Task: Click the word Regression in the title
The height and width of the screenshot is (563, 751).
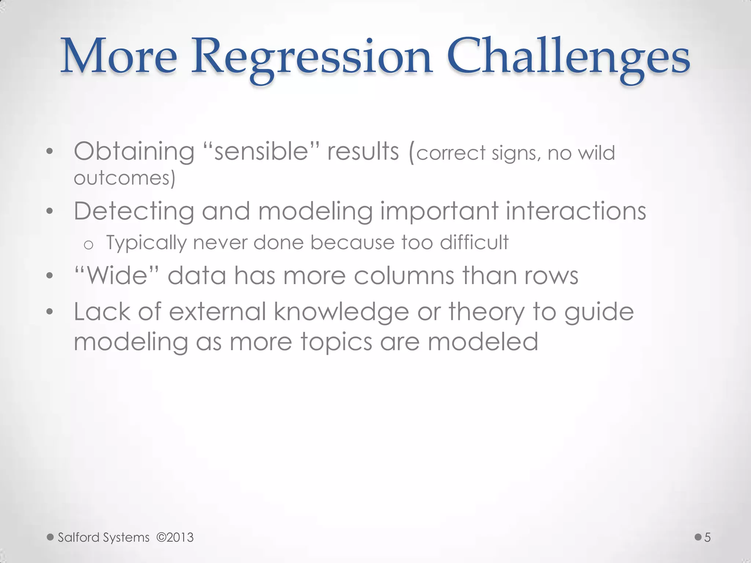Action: [x=312, y=59]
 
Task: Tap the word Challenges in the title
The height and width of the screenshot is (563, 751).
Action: [x=568, y=59]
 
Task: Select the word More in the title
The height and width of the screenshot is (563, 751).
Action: [x=119, y=59]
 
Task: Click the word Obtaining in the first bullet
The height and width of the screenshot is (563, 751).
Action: [x=134, y=152]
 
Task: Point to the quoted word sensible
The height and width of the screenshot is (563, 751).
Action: [x=261, y=152]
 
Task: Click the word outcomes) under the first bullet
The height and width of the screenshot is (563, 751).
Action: [x=125, y=179]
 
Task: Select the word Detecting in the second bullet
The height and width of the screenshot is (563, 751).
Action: [x=134, y=211]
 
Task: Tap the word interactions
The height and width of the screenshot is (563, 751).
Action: [x=576, y=211]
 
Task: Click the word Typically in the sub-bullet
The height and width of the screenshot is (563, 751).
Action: [x=146, y=243]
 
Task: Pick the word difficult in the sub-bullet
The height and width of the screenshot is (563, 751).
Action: [x=474, y=242]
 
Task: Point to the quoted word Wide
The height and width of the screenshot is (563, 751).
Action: [x=117, y=276]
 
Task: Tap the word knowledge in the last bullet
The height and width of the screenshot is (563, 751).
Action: [x=341, y=312]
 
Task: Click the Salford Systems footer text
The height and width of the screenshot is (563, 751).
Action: [x=104, y=537]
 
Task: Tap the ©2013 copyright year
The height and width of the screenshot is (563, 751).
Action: [x=175, y=537]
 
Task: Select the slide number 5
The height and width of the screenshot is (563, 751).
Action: [x=707, y=537]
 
